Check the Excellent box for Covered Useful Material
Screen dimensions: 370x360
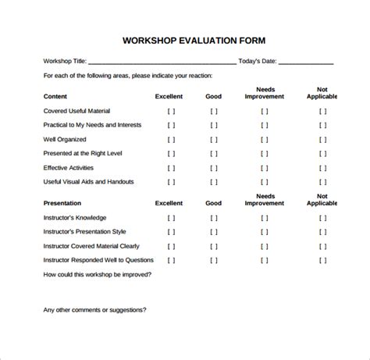point(171,112)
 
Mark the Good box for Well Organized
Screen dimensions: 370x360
point(214,140)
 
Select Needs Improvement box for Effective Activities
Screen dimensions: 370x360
point(264,168)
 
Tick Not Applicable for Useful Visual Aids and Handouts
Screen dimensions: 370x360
point(322,182)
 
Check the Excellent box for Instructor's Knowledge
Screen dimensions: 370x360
point(171,218)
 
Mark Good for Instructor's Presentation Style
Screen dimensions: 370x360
point(214,232)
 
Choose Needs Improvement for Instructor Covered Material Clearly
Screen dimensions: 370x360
point(264,246)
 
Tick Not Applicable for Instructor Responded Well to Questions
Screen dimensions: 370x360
point(322,260)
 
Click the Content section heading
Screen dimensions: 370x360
point(55,97)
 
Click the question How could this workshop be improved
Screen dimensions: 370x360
point(98,274)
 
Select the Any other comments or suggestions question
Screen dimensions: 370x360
point(94,309)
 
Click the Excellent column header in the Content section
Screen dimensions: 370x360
point(169,97)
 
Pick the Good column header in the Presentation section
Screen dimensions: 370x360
point(214,203)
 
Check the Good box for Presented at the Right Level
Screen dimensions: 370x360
point(214,154)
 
